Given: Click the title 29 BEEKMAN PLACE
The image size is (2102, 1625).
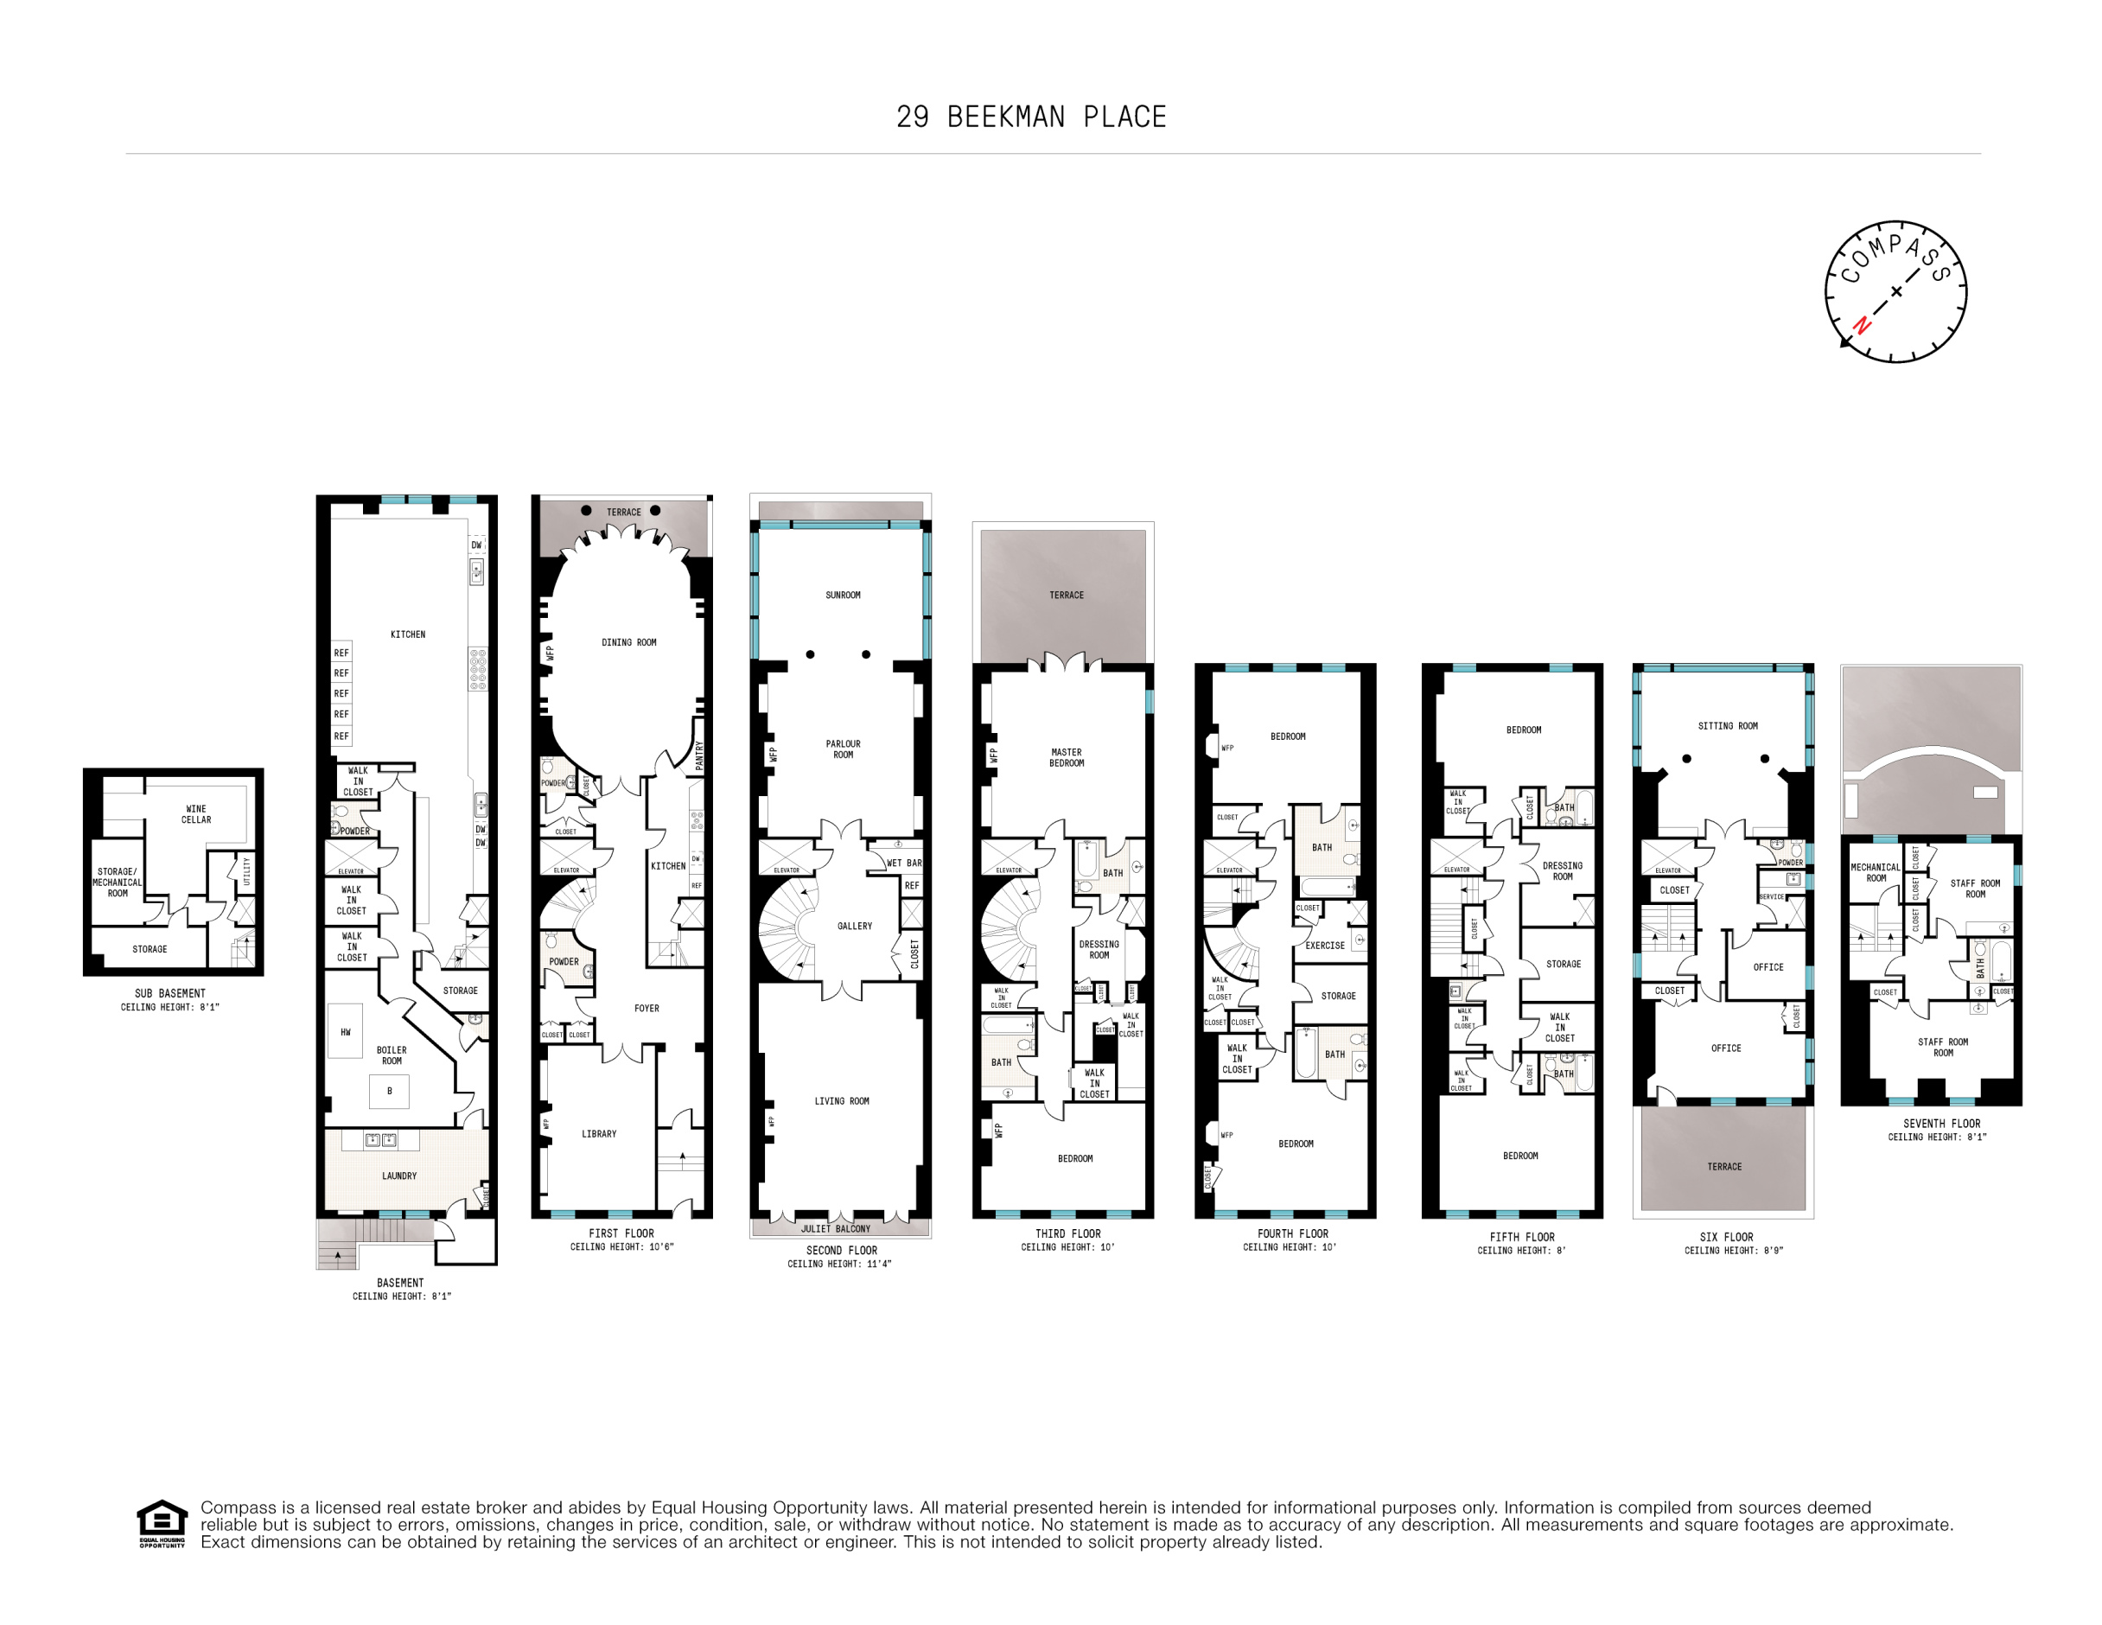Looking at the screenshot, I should click(x=1031, y=118).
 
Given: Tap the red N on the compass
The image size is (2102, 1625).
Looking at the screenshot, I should click(x=1863, y=325).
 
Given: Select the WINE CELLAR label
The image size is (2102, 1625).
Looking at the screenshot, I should click(x=196, y=814).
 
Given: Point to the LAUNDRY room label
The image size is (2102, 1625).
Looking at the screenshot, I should click(x=399, y=1176).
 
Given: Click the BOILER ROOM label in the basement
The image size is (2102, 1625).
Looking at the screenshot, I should click(x=392, y=1056).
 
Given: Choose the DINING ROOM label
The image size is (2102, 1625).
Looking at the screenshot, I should click(x=628, y=643).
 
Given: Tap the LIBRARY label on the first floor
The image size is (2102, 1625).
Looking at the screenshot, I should click(x=599, y=1134).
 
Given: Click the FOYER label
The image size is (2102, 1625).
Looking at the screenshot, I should click(x=647, y=1009).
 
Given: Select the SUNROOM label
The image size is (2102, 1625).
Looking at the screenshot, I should click(x=842, y=596).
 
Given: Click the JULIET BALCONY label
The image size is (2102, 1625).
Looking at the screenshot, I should click(x=836, y=1229).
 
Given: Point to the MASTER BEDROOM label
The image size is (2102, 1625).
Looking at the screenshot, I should click(x=1067, y=759).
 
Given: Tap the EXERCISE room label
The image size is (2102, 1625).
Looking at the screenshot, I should click(x=1324, y=946).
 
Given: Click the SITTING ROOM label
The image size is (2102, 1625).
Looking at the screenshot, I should click(x=1728, y=727).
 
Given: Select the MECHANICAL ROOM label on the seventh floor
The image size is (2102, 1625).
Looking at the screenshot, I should click(x=1875, y=873).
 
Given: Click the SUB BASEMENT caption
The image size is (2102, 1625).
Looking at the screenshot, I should click(x=170, y=993).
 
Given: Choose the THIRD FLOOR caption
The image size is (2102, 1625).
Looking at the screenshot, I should click(x=1067, y=1234).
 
